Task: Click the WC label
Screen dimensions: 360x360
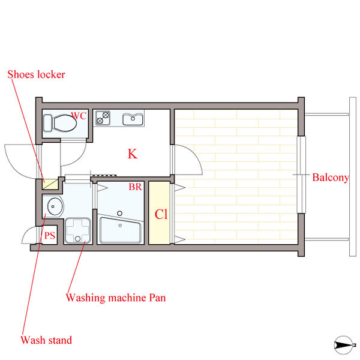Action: click(x=79, y=115)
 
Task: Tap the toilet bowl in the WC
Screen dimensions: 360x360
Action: click(x=65, y=123)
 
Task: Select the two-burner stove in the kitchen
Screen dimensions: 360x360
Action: click(x=103, y=118)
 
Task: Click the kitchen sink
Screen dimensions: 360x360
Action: click(x=133, y=119)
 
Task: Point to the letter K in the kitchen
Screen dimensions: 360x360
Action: click(x=133, y=154)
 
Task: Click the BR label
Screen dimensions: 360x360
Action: click(x=136, y=187)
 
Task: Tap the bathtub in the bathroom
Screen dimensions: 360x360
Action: click(x=121, y=230)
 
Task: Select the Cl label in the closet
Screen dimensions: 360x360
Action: click(x=161, y=214)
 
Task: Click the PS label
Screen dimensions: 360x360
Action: click(x=50, y=236)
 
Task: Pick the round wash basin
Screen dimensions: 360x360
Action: click(x=55, y=206)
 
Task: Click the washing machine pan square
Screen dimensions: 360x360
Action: click(x=77, y=230)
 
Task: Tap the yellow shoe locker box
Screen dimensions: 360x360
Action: click(x=50, y=184)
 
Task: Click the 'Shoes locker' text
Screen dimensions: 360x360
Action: click(x=36, y=74)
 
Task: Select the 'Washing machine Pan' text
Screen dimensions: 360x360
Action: click(x=116, y=298)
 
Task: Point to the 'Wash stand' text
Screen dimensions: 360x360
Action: click(x=46, y=340)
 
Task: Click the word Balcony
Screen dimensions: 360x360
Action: click(x=331, y=178)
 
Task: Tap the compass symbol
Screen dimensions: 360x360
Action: click(x=344, y=345)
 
